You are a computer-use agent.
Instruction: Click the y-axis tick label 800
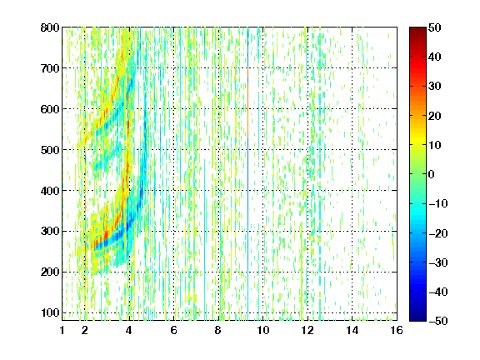pyautogui.click(x=50, y=27)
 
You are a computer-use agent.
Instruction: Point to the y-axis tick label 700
pyautogui.click(x=50, y=68)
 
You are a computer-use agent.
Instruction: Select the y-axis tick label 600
pyautogui.click(x=50, y=109)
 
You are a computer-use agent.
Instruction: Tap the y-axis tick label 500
pyautogui.click(x=50, y=150)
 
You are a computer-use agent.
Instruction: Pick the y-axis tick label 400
pyautogui.click(x=50, y=191)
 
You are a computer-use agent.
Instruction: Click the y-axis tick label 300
pyautogui.click(x=50, y=232)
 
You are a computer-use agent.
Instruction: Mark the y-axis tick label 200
pyautogui.click(x=50, y=272)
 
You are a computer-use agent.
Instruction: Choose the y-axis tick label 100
pyautogui.click(x=50, y=312)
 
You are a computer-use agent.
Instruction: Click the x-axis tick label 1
pyautogui.click(x=62, y=330)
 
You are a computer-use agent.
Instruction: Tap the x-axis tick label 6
pyautogui.click(x=174, y=330)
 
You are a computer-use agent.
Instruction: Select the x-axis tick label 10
pyautogui.click(x=263, y=330)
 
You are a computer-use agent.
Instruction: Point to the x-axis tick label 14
pyautogui.click(x=352, y=330)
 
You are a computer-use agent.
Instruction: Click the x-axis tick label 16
pyautogui.click(x=397, y=330)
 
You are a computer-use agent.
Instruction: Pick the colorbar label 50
pyautogui.click(x=435, y=27)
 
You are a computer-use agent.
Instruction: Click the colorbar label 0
pyautogui.click(x=432, y=174)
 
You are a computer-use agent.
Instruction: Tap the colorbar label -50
pyautogui.click(x=438, y=321)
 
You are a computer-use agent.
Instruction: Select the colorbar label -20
pyautogui.click(x=438, y=233)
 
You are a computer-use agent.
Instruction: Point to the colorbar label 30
pyautogui.click(x=435, y=87)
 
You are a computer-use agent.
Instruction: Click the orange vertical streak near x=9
pyautogui.click(x=247, y=104)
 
